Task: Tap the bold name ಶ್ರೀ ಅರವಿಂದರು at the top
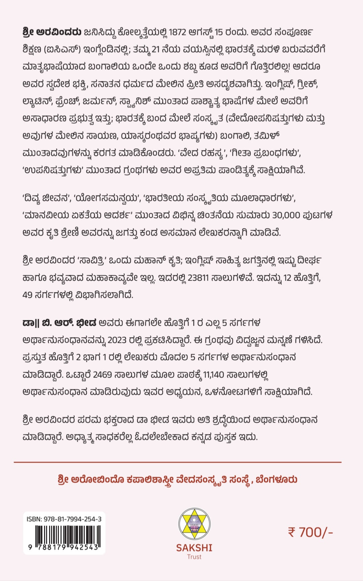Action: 52,32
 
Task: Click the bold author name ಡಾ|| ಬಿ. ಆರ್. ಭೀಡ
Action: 59,323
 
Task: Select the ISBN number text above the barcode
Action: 64,519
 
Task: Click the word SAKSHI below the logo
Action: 194,548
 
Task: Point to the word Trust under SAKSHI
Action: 194,557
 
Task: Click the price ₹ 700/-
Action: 310,532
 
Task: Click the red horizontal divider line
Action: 177,462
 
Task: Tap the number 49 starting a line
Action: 28,295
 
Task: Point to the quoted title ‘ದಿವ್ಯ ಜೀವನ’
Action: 46,198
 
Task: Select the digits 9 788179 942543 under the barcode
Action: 64,547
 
